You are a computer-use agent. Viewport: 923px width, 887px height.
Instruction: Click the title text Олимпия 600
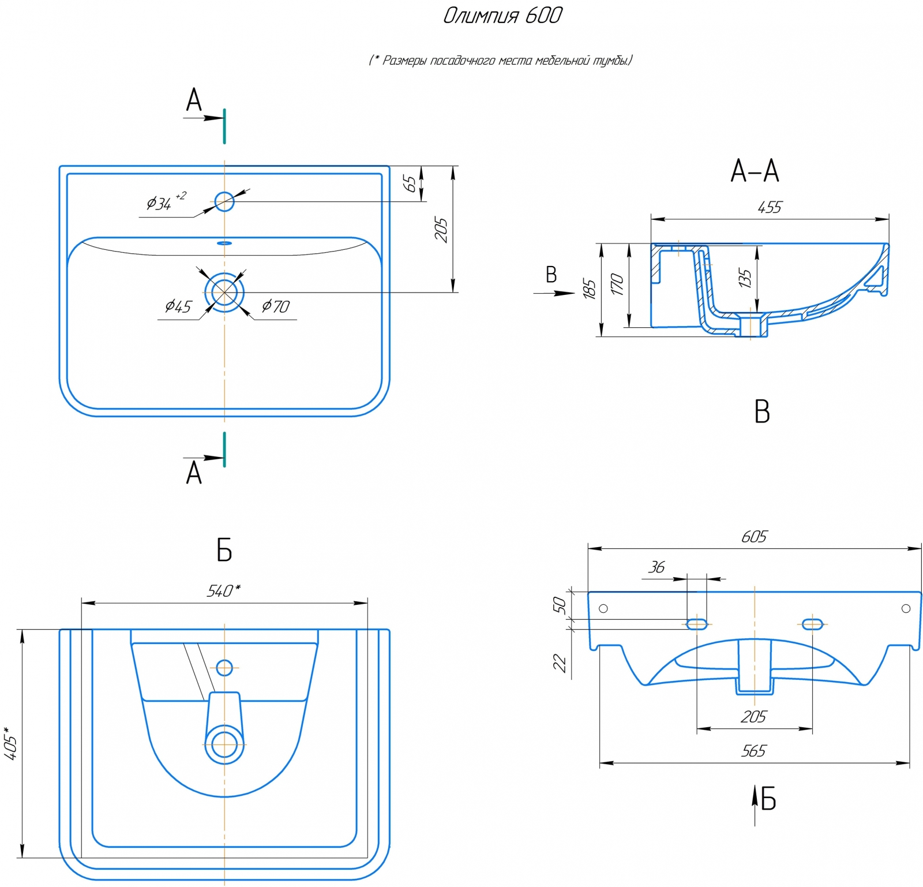[502, 16]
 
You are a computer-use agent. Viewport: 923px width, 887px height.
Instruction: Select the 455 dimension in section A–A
[770, 207]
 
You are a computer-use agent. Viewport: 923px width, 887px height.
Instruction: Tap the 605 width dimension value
[754, 537]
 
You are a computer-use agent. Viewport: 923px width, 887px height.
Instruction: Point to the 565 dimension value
[753, 751]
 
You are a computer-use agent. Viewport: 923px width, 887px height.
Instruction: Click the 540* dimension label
[223, 591]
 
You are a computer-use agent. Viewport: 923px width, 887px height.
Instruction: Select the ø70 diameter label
[276, 306]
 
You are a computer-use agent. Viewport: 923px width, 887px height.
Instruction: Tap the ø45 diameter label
[178, 306]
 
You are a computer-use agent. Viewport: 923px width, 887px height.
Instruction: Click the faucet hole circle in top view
[224, 201]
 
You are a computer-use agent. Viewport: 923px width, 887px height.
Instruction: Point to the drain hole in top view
[224, 292]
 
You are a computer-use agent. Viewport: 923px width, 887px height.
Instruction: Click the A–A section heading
[755, 171]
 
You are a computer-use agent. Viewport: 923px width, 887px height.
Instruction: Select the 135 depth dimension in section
[745, 278]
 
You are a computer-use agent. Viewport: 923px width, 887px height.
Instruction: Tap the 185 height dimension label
[589, 289]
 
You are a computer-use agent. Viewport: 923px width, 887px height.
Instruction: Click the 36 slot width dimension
[656, 567]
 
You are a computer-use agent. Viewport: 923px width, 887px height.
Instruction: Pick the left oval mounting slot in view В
[697, 624]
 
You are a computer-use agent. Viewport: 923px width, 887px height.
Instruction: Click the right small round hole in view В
[906, 608]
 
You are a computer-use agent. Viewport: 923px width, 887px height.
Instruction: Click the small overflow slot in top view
[224, 243]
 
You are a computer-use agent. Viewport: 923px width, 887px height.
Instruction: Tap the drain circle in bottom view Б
[224, 744]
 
